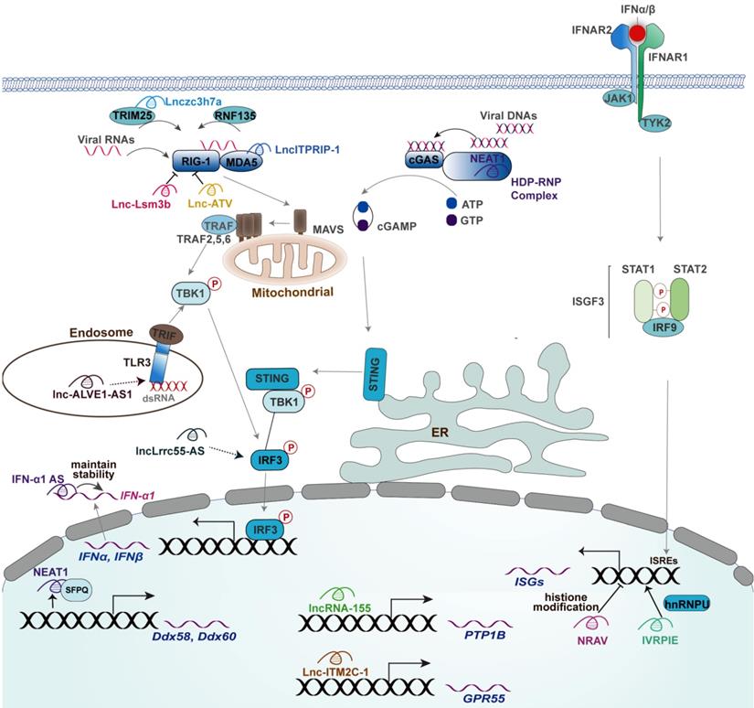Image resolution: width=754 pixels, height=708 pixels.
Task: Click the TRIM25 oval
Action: coord(134,117)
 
